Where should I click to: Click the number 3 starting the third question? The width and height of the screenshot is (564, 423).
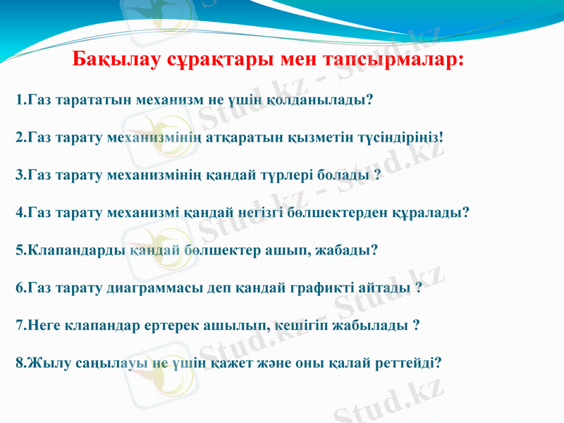pyautogui.click(x=18, y=174)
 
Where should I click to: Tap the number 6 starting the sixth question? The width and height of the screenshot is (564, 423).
pyautogui.click(x=18, y=288)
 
